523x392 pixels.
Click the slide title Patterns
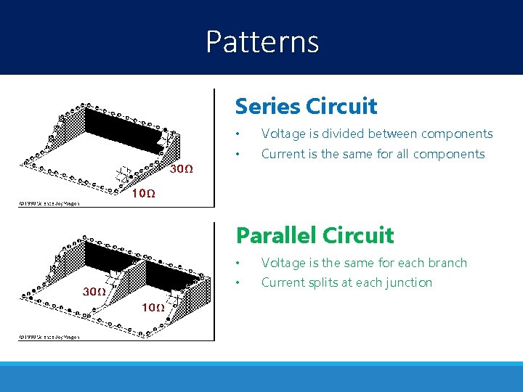(262, 42)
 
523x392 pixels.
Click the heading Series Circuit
(306, 107)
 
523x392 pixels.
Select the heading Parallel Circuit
(315, 235)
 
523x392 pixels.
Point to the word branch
(448, 263)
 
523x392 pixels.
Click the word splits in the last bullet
(328, 282)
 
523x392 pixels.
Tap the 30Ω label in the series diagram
(182, 170)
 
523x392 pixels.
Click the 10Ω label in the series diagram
(142, 194)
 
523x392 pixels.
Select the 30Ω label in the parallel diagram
(94, 292)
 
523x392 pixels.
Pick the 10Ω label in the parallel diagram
(153, 308)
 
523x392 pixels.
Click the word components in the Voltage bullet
(457, 134)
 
